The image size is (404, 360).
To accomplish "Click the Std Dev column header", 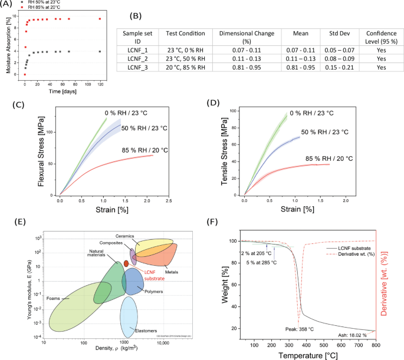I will tap(333, 35).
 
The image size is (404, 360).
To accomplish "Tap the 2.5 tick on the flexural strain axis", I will tap(168, 200).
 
